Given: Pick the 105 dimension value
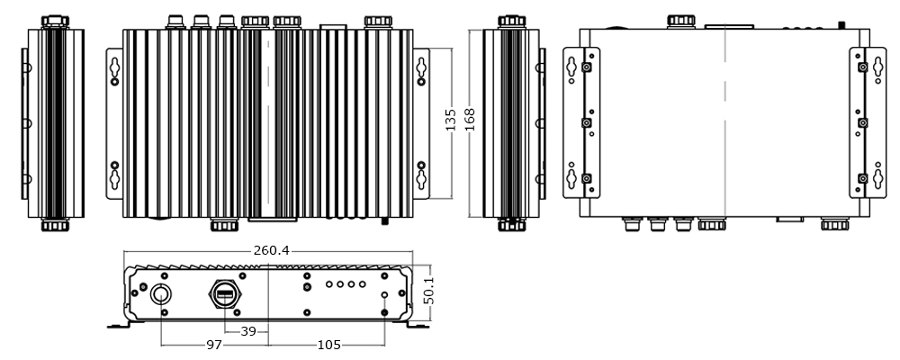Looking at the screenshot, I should [x=328, y=346].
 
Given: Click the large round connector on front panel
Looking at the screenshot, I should [x=161, y=293].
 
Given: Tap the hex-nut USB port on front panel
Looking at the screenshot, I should [x=224, y=293].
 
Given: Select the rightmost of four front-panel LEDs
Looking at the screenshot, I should [x=363, y=284].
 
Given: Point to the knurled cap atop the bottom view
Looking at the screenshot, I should [x=679, y=20].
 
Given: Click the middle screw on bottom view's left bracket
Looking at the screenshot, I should [x=587, y=122].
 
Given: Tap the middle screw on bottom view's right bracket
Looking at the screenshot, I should [x=862, y=122].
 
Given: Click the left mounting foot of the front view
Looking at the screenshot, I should [x=117, y=325].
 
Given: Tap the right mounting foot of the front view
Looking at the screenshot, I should [x=420, y=325].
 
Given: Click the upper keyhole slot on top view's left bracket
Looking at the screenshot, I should [x=115, y=72].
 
